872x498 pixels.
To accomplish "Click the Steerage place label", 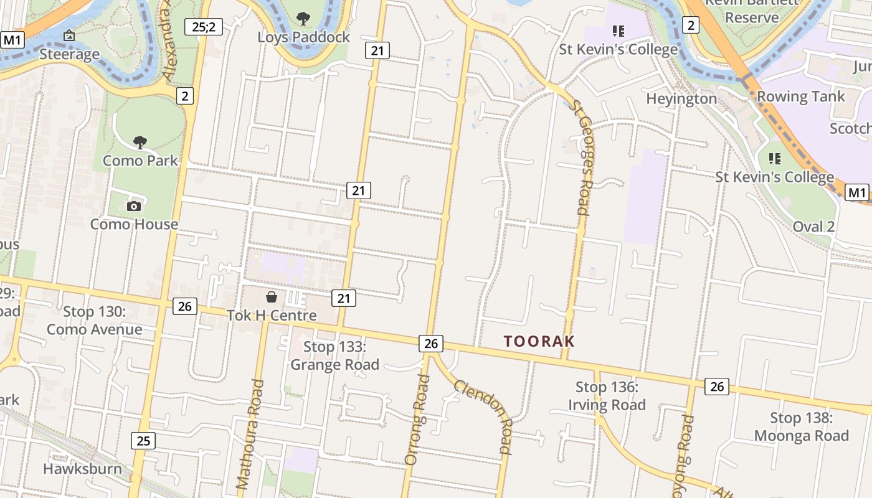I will click(69, 54).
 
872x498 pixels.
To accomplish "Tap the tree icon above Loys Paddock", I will click(303, 19).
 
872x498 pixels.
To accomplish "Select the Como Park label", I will click(140, 161).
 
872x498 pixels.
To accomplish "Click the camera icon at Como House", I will click(134, 206).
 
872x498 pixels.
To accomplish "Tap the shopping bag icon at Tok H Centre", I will click(272, 297).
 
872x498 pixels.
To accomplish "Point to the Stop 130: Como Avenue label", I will click(95, 321).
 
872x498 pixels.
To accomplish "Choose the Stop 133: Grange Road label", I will click(334, 355).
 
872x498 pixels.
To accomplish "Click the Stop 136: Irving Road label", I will click(607, 396).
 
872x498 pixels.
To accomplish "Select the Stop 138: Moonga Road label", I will click(802, 426).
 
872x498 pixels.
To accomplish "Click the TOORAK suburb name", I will click(539, 341).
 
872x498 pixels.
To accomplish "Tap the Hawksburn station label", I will click(82, 469).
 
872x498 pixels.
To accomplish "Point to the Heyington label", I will click(681, 98).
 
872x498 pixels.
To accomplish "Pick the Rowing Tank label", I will click(800, 96).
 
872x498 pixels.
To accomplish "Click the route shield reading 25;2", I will click(204, 27).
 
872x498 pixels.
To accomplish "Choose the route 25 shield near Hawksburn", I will click(143, 441).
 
